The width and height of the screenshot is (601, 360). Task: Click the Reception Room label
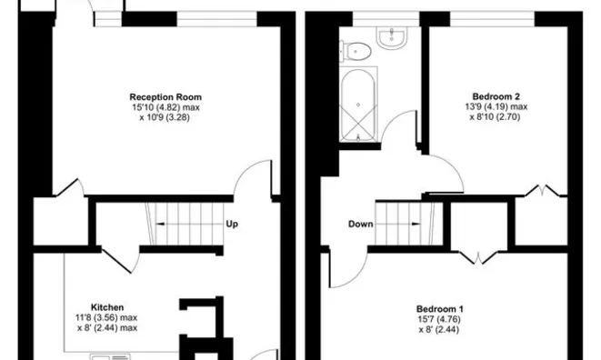165,97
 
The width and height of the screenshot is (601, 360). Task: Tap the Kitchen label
107,307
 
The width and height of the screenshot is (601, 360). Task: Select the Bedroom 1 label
440,309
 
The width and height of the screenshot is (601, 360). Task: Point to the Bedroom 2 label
496,96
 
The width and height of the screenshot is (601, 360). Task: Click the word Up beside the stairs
232,224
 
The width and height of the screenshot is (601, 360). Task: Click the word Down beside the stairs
361,224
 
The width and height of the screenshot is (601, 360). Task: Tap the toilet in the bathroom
356,51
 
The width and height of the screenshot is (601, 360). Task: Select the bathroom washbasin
392,37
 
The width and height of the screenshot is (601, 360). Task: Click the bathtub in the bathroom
358,105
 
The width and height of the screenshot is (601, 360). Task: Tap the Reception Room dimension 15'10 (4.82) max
166,107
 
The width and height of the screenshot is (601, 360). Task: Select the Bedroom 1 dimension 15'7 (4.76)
439,319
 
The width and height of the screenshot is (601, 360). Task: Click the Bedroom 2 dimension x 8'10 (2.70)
495,116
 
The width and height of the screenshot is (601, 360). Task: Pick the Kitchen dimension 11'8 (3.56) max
106,317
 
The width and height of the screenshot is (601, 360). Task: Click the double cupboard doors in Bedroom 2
542,190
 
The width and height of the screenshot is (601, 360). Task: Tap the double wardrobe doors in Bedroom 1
478,257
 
